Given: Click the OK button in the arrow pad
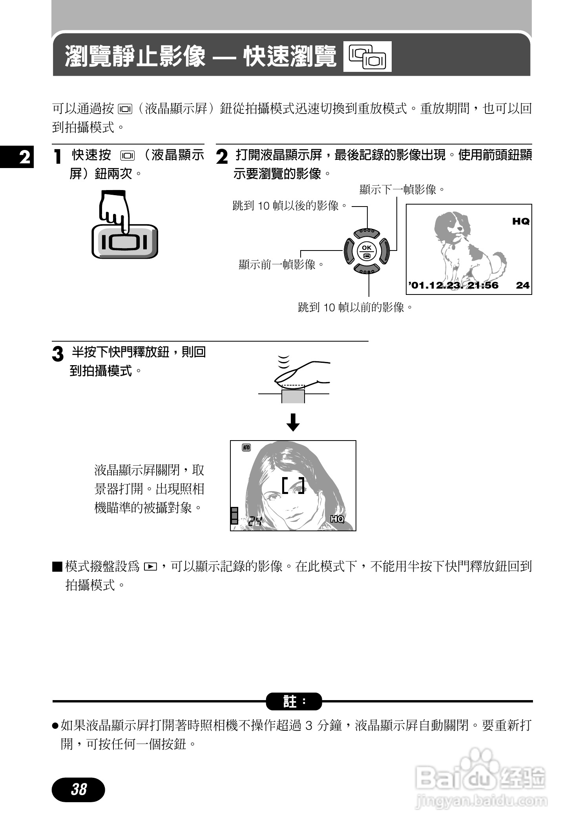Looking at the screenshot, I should pyautogui.click(x=367, y=251).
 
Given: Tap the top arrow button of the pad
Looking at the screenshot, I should pyautogui.click(x=367, y=233).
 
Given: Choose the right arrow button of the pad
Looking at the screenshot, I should pyautogui.click(x=384, y=251).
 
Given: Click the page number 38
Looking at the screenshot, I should pyautogui.click(x=78, y=789).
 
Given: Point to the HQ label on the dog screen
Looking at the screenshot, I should pyautogui.click(x=521, y=221).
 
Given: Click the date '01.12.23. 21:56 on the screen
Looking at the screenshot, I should pyautogui.click(x=453, y=285).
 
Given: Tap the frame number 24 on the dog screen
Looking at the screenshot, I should pyautogui.click(x=522, y=285).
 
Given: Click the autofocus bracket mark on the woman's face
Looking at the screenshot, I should pyautogui.click(x=293, y=486).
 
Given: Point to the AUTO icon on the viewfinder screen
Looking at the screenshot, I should pyautogui.click(x=246, y=448).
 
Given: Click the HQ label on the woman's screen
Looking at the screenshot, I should pyautogui.click(x=337, y=519).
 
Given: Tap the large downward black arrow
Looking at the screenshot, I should pyautogui.click(x=293, y=422).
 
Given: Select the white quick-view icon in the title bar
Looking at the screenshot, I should pyautogui.click(x=367, y=57).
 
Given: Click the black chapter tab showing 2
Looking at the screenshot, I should pyautogui.click(x=17, y=157).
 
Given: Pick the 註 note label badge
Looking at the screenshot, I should pyautogui.click(x=294, y=701).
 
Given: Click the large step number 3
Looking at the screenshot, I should pyautogui.click(x=58, y=354).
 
